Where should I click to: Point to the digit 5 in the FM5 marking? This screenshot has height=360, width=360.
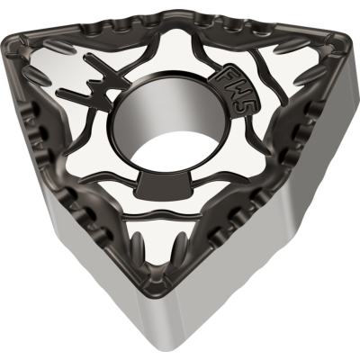(x=240, y=106)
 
